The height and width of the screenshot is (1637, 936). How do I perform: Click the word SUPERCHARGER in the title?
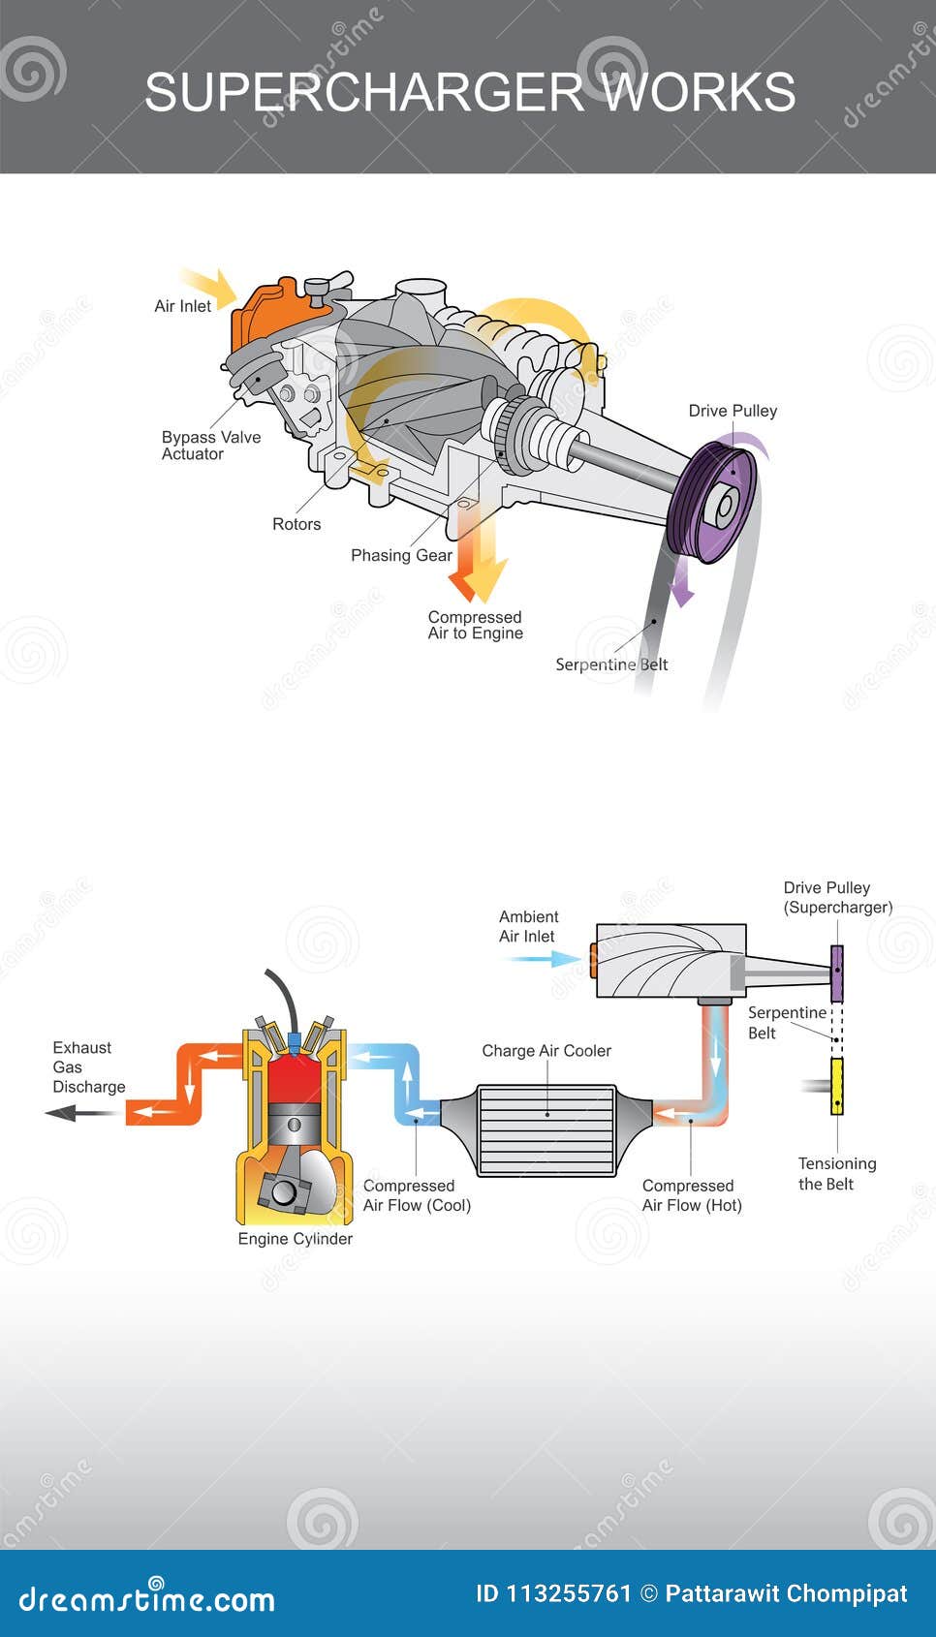pyautogui.click(x=364, y=93)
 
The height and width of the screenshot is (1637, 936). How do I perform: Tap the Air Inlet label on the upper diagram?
pyautogui.click(x=182, y=306)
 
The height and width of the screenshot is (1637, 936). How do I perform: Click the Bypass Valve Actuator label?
pyautogui.click(x=210, y=446)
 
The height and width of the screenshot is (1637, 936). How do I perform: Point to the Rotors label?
pyautogui.click(x=296, y=524)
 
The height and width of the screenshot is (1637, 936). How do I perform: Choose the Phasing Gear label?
pyautogui.click(x=401, y=555)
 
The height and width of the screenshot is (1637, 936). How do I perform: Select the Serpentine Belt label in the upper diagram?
pyautogui.click(x=611, y=664)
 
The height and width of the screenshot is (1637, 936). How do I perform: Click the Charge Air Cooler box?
pyautogui.click(x=547, y=1130)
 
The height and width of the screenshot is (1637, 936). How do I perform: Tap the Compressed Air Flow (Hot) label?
pyautogui.click(x=692, y=1195)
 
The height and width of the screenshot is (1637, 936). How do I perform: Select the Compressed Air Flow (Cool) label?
pyautogui.click(x=417, y=1195)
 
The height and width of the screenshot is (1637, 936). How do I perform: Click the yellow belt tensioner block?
pyautogui.click(x=837, y=1086)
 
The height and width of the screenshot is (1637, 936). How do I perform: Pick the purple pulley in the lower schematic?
pyautogui.click(x=837, y=973)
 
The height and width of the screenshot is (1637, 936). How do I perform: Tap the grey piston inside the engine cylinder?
pyautogui.click(x=295, y=1126)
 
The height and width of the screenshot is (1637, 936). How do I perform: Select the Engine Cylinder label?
pyautogui.click(x=296, y=1239)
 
